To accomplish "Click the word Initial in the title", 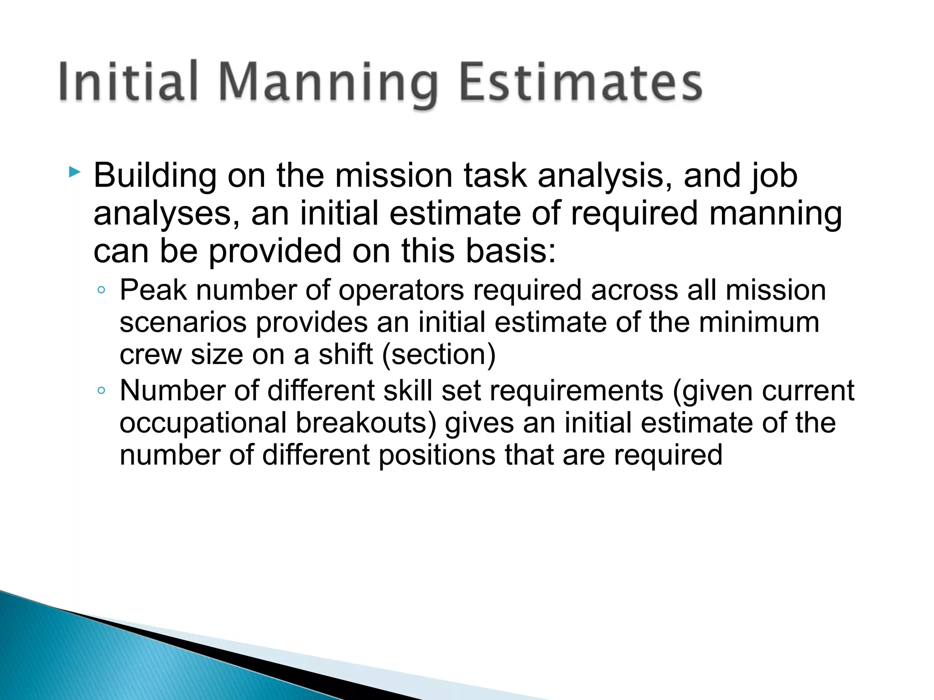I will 128,82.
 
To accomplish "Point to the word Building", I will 155,176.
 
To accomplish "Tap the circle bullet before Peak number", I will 101,290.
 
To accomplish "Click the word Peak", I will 153,290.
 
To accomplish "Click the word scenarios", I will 182,323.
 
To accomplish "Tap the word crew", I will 150,355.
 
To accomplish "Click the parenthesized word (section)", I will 438,355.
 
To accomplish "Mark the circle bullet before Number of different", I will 101,391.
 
